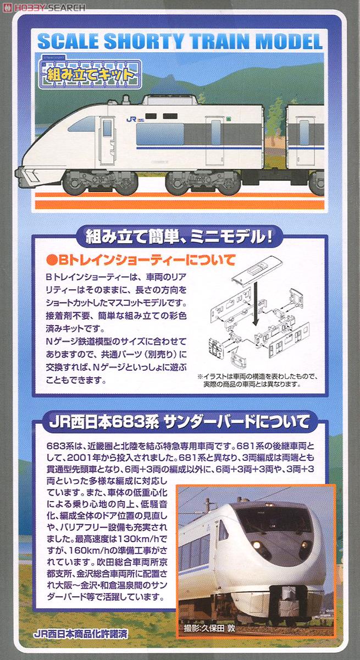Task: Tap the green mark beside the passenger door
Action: click(226, 118)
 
